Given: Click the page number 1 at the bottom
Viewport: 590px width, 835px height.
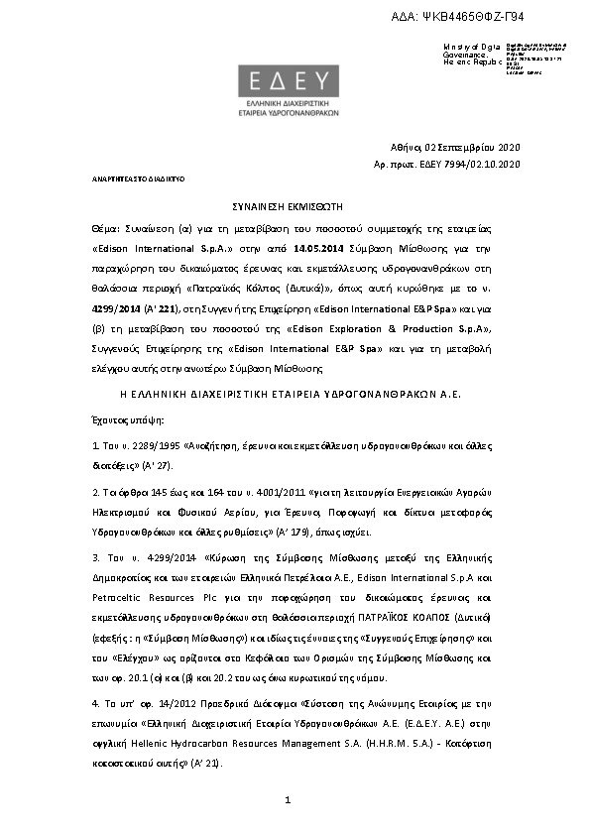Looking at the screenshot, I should pyautogui.click(x=286, y=799).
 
